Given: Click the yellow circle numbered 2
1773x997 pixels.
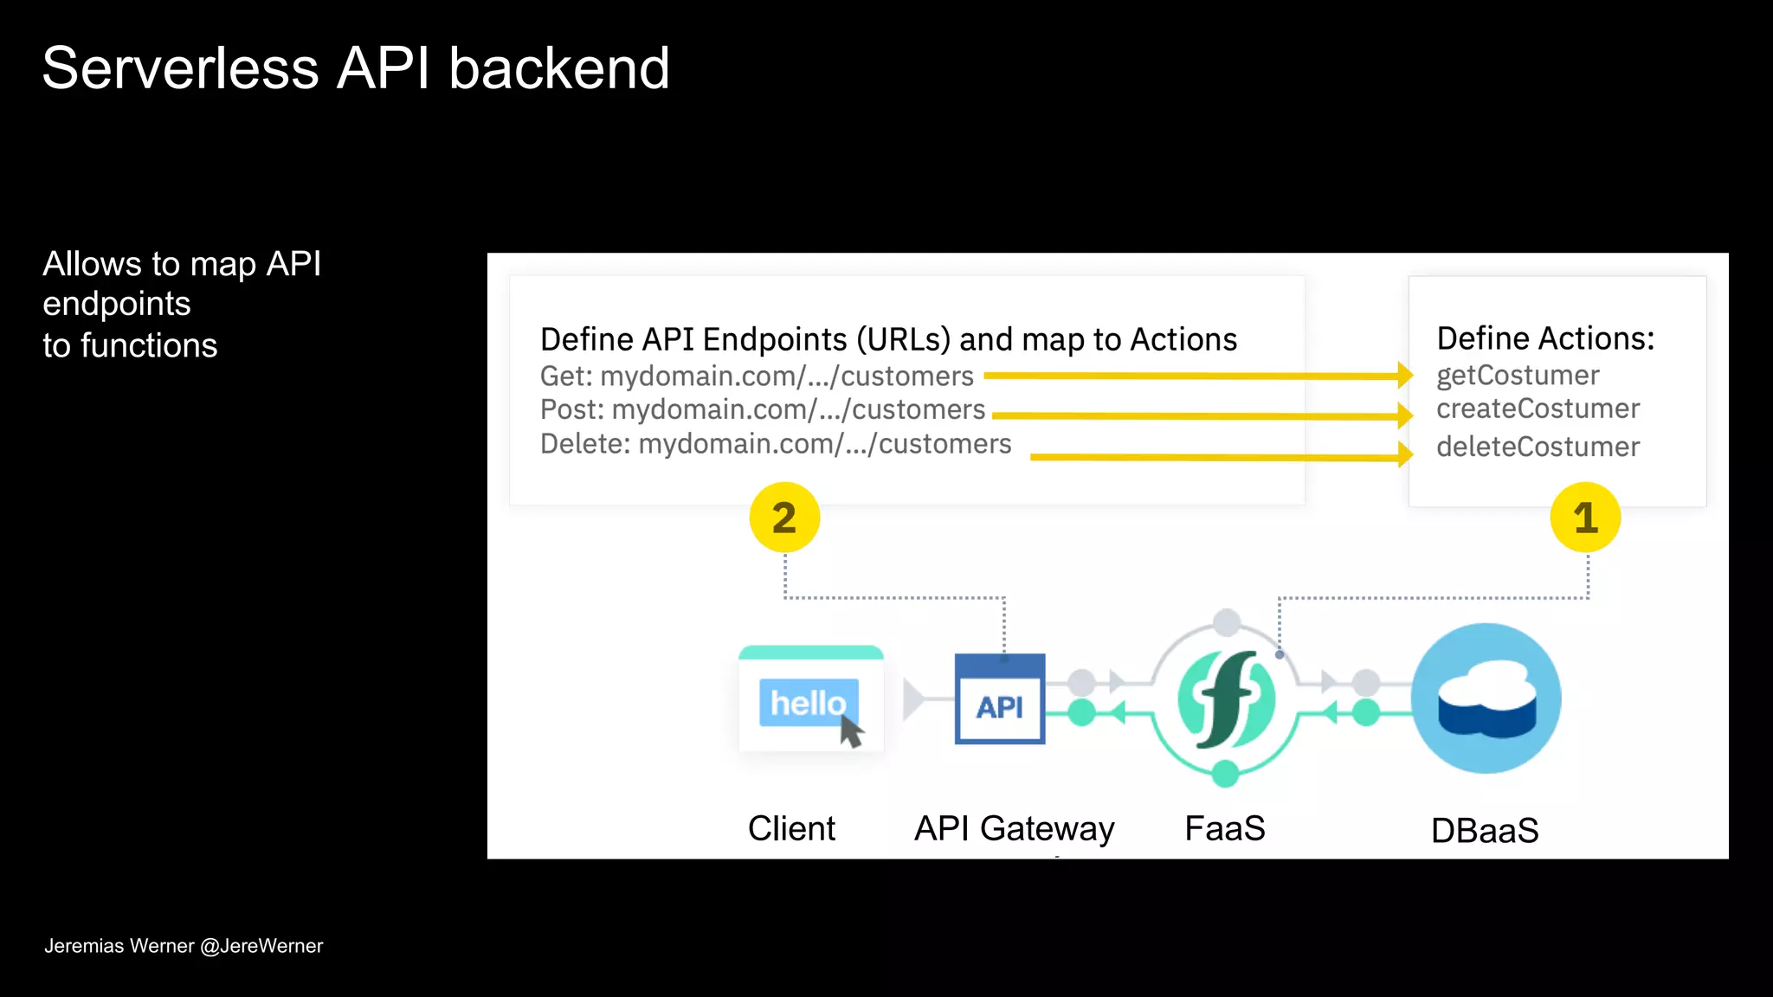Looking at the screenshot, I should (784, 518).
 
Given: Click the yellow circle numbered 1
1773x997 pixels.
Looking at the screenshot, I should (1585, 518).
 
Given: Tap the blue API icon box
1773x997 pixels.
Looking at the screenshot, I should (1000, 699).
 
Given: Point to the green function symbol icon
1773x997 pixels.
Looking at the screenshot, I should (1226, 699).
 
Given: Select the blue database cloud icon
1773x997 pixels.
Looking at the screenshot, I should (1486, 698).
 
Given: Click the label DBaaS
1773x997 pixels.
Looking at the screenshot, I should (1485, 831).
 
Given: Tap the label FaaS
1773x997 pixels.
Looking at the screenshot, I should (1224, 828).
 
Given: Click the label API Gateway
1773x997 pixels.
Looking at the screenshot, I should (1014, 829).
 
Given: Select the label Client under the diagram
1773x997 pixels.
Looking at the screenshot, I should (791, 829).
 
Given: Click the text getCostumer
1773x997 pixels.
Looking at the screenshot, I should (1518, 376).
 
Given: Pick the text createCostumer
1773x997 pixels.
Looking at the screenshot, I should (1538, 408).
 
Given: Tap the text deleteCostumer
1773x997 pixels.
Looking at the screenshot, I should (1538, 447).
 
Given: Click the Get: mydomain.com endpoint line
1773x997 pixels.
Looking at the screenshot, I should (757, 376).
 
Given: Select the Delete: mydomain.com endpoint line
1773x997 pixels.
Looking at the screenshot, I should (776, 444).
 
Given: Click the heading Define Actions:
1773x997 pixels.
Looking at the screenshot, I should (1545, 338).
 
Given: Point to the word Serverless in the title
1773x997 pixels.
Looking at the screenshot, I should (180, 68).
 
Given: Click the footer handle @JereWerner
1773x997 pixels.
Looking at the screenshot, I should (261, 946).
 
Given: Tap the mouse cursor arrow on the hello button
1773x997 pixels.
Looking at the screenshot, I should (852, 732).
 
